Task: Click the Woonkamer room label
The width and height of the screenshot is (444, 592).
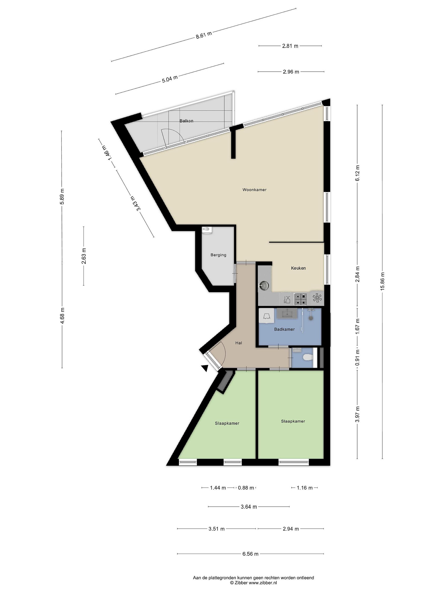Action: click(x=254, y=190)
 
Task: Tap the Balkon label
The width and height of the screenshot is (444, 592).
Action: click(x=186, y=121)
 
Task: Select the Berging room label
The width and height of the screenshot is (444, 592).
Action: click(x=218, y=255)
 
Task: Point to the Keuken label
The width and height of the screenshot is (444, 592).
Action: click(x=298, y=268)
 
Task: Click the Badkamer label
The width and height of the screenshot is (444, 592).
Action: click(x=284, y=330)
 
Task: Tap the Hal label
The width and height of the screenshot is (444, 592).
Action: click(x=238, y=343)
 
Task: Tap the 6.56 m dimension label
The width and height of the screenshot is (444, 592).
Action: click(x=251, y=554)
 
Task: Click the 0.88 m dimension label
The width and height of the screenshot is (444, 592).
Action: click(x=246, y=488)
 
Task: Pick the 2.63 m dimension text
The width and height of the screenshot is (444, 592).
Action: click(x=84, y=256)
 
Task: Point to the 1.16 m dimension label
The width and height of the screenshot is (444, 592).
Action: click(x=305, y=488)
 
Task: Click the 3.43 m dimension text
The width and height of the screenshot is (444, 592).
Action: click(x=135, y=203)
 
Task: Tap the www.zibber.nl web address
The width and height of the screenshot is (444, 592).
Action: click(x=263, y=583)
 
